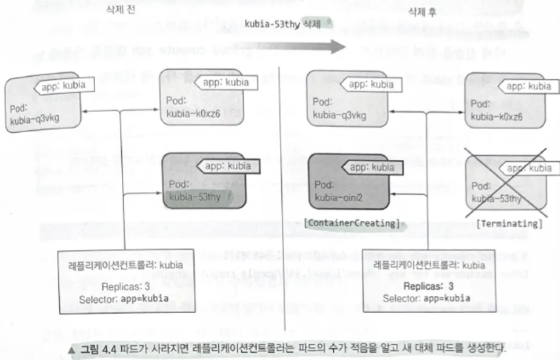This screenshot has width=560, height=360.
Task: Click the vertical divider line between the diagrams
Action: pos(278,182)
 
